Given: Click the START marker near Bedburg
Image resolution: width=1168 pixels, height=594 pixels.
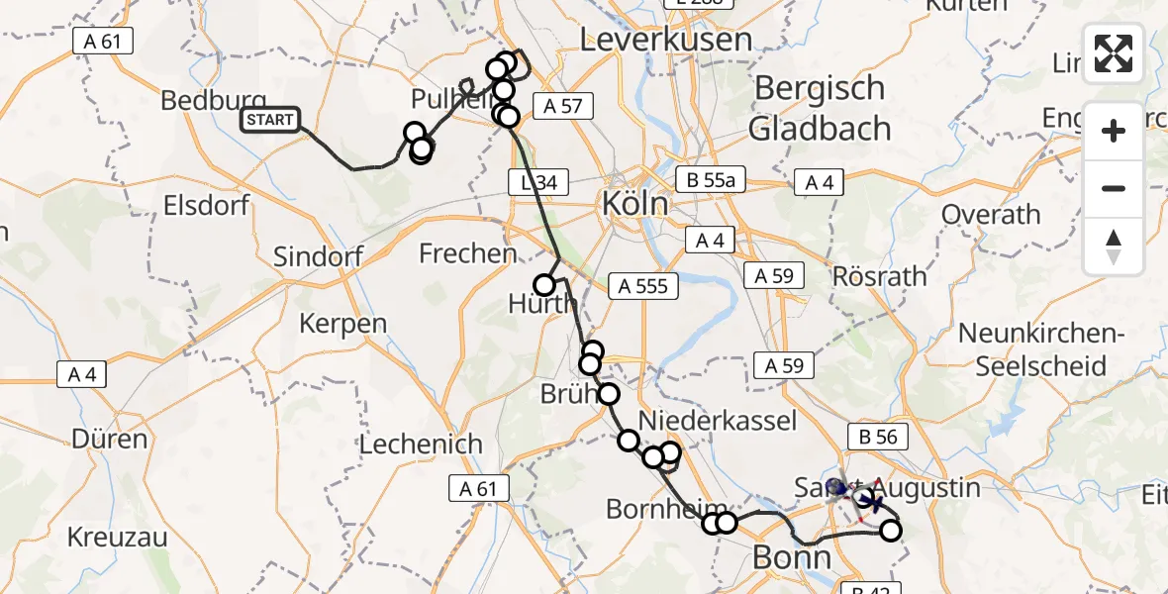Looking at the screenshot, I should point(269,121).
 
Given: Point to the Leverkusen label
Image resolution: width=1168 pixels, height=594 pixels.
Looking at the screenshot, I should point(665,41).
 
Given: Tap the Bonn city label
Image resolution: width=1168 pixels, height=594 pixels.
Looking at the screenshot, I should point(792,556).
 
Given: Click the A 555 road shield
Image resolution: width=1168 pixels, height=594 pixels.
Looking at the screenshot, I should point(644,287).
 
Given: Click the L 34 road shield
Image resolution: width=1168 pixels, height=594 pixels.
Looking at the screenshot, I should point(535,181).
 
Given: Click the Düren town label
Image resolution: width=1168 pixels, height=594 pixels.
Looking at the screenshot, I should point(109,438).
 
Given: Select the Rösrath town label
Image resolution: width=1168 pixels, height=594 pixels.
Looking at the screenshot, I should point(881,277).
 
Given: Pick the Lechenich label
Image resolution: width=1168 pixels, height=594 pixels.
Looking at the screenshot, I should point(421,445).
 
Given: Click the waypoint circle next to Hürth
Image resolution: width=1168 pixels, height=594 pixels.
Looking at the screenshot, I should point(544,285).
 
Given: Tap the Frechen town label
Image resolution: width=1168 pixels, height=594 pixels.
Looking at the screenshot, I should point(467,253).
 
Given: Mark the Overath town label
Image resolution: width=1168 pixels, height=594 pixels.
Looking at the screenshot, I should point(991,215).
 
